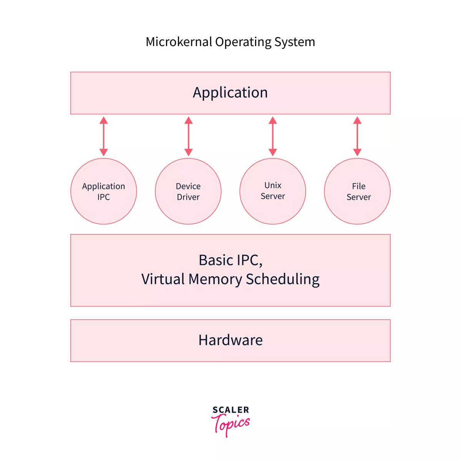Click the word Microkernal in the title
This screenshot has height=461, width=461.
tap(179, 42)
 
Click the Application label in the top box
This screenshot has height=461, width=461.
tap(230, 93)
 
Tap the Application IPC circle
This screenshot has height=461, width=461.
tap(104, 191)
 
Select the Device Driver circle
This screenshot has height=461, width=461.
tap(188, 191)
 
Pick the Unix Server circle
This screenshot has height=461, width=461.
tap(273, 191)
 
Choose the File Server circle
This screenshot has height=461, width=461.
tap(357, 191)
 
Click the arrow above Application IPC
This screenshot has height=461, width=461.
tap(104, 136)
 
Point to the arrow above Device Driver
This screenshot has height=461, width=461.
tap(188, 136)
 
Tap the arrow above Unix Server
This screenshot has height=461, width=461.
tap(273, 136)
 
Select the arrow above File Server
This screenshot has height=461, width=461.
tap(357, 136)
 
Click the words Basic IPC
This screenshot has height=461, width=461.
tap(230, 260)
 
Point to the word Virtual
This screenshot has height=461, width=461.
tap(163, 279)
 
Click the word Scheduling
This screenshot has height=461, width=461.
tap(282, 279)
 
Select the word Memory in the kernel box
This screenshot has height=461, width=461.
tap(215, 279)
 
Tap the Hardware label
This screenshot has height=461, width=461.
tap(230, 340)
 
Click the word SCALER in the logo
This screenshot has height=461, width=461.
tap(230, 410)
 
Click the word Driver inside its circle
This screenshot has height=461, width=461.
tap(188, 197)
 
